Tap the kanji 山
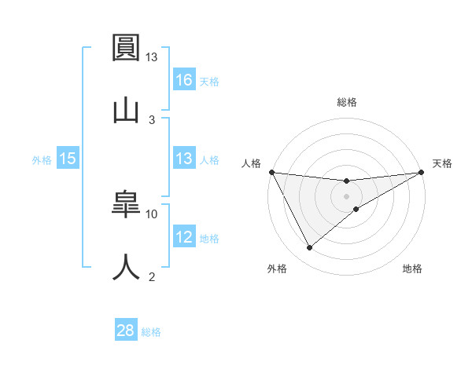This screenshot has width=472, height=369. (127, 108)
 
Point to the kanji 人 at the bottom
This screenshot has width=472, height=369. (127, 265)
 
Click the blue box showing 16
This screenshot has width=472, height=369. (183, 79)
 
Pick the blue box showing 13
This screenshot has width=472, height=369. (183, 159)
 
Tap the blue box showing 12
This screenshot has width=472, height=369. (183, 237)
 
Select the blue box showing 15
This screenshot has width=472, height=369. (68, 159)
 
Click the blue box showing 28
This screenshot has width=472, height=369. (126, 331)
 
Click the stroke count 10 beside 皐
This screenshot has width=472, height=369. (152, 214)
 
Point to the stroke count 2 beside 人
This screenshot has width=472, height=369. (152, 276)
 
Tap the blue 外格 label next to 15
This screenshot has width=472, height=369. (42, 159)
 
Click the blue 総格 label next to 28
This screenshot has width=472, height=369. (151, 332)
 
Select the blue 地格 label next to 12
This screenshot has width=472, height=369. (209, 238)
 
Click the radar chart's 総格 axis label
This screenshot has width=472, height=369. (346, 102)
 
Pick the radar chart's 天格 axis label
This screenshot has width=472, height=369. (442, 163)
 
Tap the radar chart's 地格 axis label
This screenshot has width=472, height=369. (412, 269)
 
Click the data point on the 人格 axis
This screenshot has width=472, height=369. (271, 172)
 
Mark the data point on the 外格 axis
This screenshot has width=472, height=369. (309, 248)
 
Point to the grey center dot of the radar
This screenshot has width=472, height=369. (346, 195)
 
